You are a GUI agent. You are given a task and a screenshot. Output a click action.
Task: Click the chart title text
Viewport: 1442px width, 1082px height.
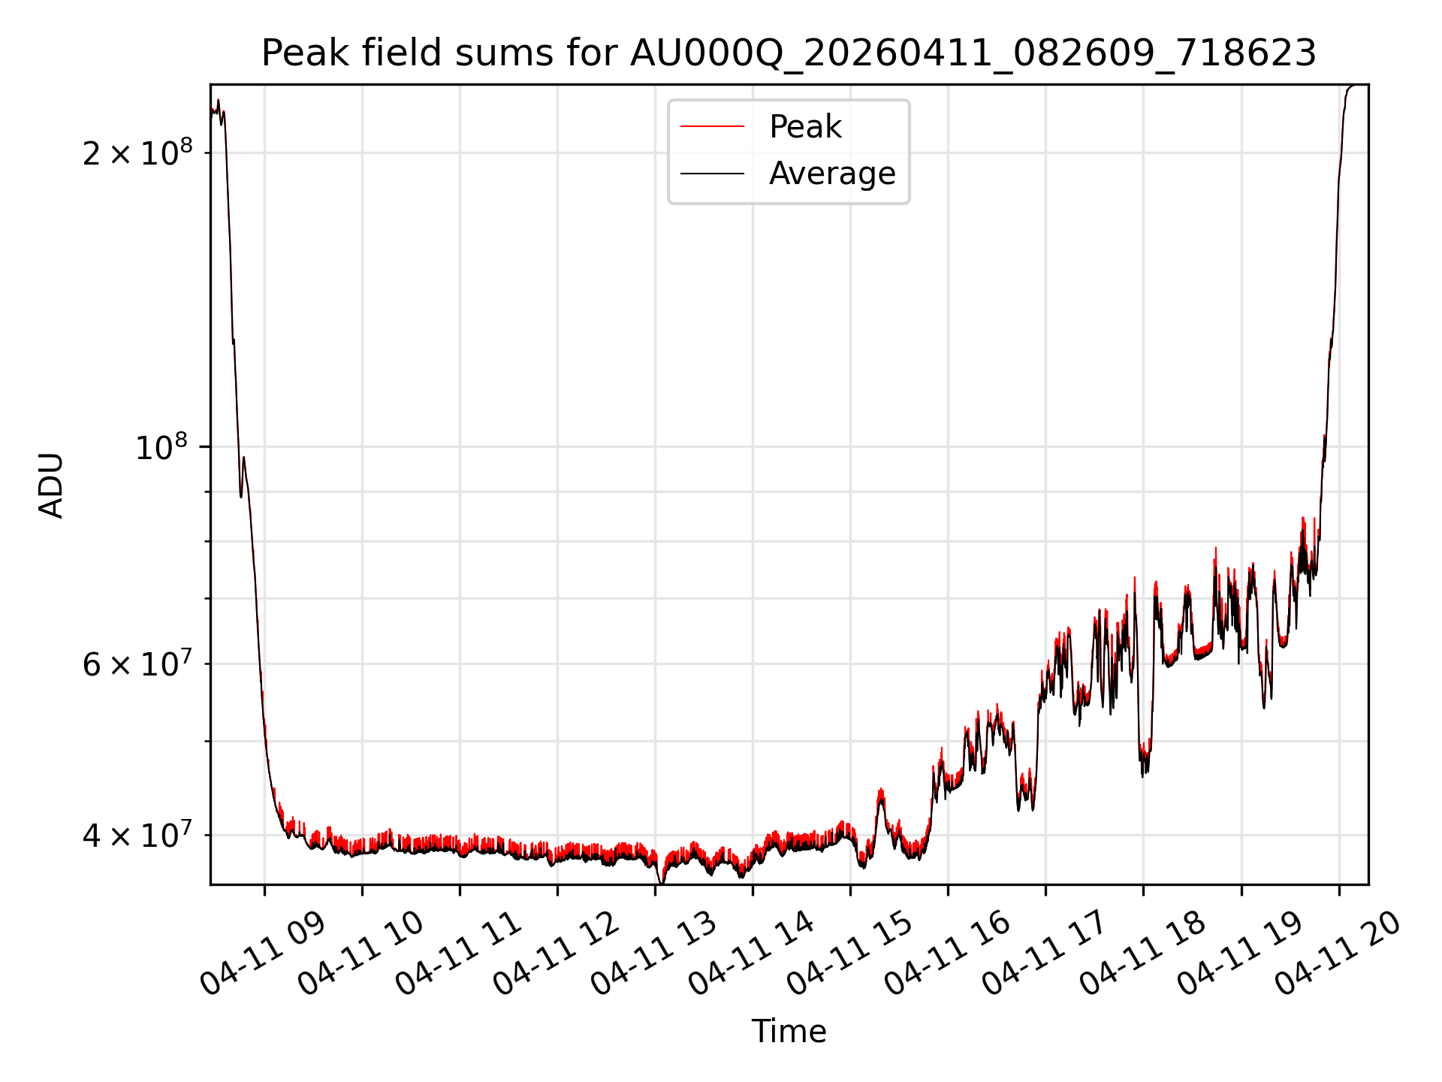pos(789,53)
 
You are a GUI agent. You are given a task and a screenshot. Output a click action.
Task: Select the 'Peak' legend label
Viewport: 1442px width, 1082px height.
pos(805,127)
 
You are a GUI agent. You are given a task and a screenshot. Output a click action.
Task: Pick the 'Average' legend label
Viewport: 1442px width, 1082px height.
pos(832,174)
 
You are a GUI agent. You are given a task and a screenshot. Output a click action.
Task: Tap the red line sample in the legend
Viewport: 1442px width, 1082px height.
pos(712,127)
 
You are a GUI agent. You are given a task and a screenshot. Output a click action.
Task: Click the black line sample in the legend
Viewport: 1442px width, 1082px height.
pos(712,174)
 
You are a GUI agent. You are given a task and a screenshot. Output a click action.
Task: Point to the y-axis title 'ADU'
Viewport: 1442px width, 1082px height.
pos(51,485)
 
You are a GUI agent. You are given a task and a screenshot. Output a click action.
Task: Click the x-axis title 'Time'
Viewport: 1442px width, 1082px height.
pos(789,1031)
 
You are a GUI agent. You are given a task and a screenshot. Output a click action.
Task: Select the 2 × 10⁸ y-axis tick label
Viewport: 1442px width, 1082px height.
pos(137,153)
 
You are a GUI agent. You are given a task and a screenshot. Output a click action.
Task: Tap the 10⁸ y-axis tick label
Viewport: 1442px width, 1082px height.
pos(161,447)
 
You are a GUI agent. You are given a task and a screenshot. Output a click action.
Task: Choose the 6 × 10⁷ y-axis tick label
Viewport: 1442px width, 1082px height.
pos(137,663)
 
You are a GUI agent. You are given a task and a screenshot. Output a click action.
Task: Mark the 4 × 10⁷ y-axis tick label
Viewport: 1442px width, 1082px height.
pos(137,835)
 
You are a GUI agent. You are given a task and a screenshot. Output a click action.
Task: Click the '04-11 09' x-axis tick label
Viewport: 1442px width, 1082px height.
pos(263,954)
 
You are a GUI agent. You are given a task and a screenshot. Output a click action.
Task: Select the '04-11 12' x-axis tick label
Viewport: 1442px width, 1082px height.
pos(556,954)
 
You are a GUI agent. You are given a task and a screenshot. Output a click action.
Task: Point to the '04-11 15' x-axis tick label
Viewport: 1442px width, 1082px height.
pos(849,954)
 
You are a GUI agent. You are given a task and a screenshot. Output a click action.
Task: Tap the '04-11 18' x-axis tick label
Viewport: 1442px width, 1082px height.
pos(1142,954)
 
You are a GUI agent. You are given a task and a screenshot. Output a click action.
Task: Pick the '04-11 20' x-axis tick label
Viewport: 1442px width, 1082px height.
pos(1338,954)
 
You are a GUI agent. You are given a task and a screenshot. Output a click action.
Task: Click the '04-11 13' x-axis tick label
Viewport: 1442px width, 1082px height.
pos(653,954)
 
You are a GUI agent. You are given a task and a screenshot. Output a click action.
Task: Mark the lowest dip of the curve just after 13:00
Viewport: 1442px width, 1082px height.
pos(661,882)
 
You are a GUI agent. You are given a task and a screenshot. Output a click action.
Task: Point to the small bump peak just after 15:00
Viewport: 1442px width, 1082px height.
pos(881,790)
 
